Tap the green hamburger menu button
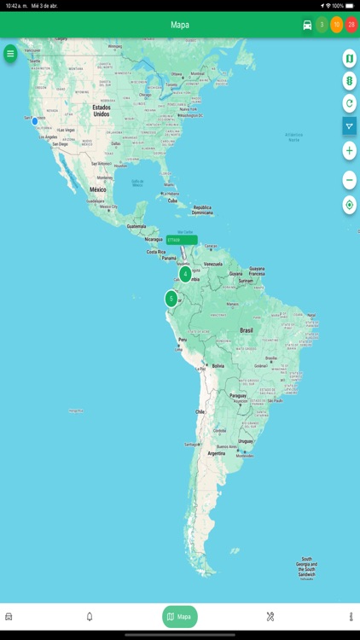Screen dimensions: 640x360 [x=10, y=54]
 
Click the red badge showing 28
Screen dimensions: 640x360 [x=351, y=25]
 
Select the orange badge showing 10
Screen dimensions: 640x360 [x=337, y=25]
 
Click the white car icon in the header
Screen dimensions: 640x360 [x=307, y=25]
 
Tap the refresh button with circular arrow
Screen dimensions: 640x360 [x=349, y=103]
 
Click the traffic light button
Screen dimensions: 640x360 [x=349, y=80]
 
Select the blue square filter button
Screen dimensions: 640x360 [x=349, y=126]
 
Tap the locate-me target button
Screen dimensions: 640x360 [x=349, y=205]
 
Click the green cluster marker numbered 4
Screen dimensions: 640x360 [x=185, y=274]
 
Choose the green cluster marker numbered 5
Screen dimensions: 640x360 [x=171, y=299]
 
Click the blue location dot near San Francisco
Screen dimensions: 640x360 [x=35, y=121]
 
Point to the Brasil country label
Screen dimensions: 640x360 [x=247, y=329]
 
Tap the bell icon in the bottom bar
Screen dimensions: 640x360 [x=90, y=616]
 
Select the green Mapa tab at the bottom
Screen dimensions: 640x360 [x=179, y=616]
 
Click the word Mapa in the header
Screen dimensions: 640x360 [x=180, y=25]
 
